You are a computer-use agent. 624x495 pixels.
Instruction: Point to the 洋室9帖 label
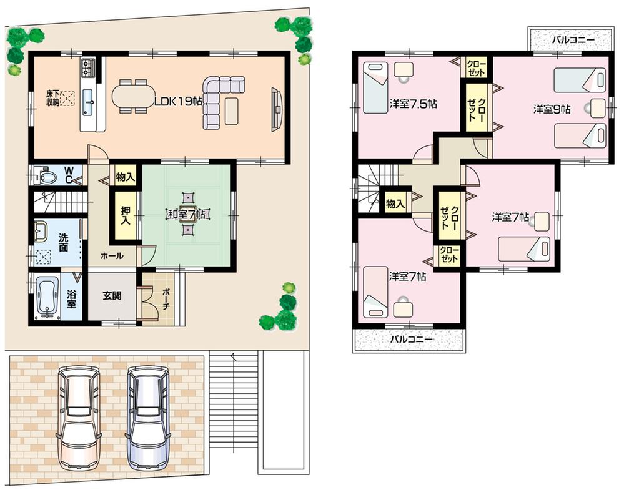click(552, 109)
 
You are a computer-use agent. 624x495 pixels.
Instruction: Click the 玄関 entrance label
click(112, 294)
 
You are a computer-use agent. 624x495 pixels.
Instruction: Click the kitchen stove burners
click(87, 66)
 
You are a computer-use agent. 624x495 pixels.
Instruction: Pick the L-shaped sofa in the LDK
click(219, 100)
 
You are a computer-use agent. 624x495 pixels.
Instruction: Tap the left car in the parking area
click(78, 416)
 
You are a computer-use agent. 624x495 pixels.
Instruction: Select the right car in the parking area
click(147, 416)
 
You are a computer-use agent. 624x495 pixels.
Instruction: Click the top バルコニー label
click(571, 41)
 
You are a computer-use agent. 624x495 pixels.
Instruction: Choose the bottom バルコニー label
click(412, 340)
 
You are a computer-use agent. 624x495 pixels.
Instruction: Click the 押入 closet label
click(124, 215)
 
